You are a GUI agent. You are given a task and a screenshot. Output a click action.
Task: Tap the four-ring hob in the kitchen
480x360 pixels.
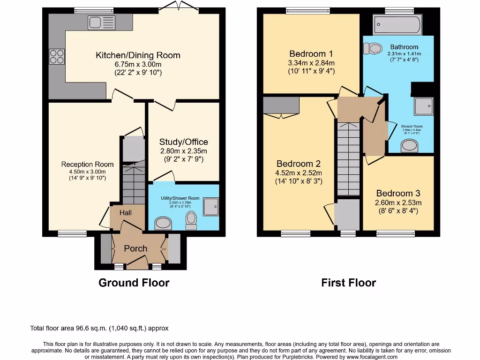tap(57, 56)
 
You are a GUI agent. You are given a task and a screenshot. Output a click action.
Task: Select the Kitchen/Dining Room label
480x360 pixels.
tap(138, 55)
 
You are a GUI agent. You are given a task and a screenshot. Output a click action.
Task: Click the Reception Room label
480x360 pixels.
tap(87, 164)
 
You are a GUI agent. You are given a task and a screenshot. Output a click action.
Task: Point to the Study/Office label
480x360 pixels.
tap(183, 142)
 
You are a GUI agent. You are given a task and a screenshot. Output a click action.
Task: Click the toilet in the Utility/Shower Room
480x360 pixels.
tap(191, 219)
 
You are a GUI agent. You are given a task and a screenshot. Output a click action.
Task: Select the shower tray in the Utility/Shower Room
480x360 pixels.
tap(211, 205)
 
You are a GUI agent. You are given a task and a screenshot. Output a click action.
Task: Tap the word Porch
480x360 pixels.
tap(135, 248)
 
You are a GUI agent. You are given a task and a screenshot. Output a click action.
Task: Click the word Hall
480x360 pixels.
tap(126, 213)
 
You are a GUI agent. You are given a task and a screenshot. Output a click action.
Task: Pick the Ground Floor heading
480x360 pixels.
tap(134, 283)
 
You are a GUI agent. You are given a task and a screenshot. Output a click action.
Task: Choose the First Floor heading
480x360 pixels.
tap(348, 283)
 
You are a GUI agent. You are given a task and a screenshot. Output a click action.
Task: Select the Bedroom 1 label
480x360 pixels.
tap(311, 53)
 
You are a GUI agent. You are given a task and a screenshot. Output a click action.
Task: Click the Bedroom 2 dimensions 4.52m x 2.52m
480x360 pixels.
tap(299, 173)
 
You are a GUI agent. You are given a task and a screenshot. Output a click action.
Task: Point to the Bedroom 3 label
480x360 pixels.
tap(398, 193)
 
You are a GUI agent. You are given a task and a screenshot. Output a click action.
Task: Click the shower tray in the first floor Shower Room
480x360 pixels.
tap(423, 106)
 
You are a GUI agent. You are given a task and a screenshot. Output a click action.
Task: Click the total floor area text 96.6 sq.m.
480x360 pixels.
tap(99, 328)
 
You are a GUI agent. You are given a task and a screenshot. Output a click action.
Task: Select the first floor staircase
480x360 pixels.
tap(348, 157)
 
